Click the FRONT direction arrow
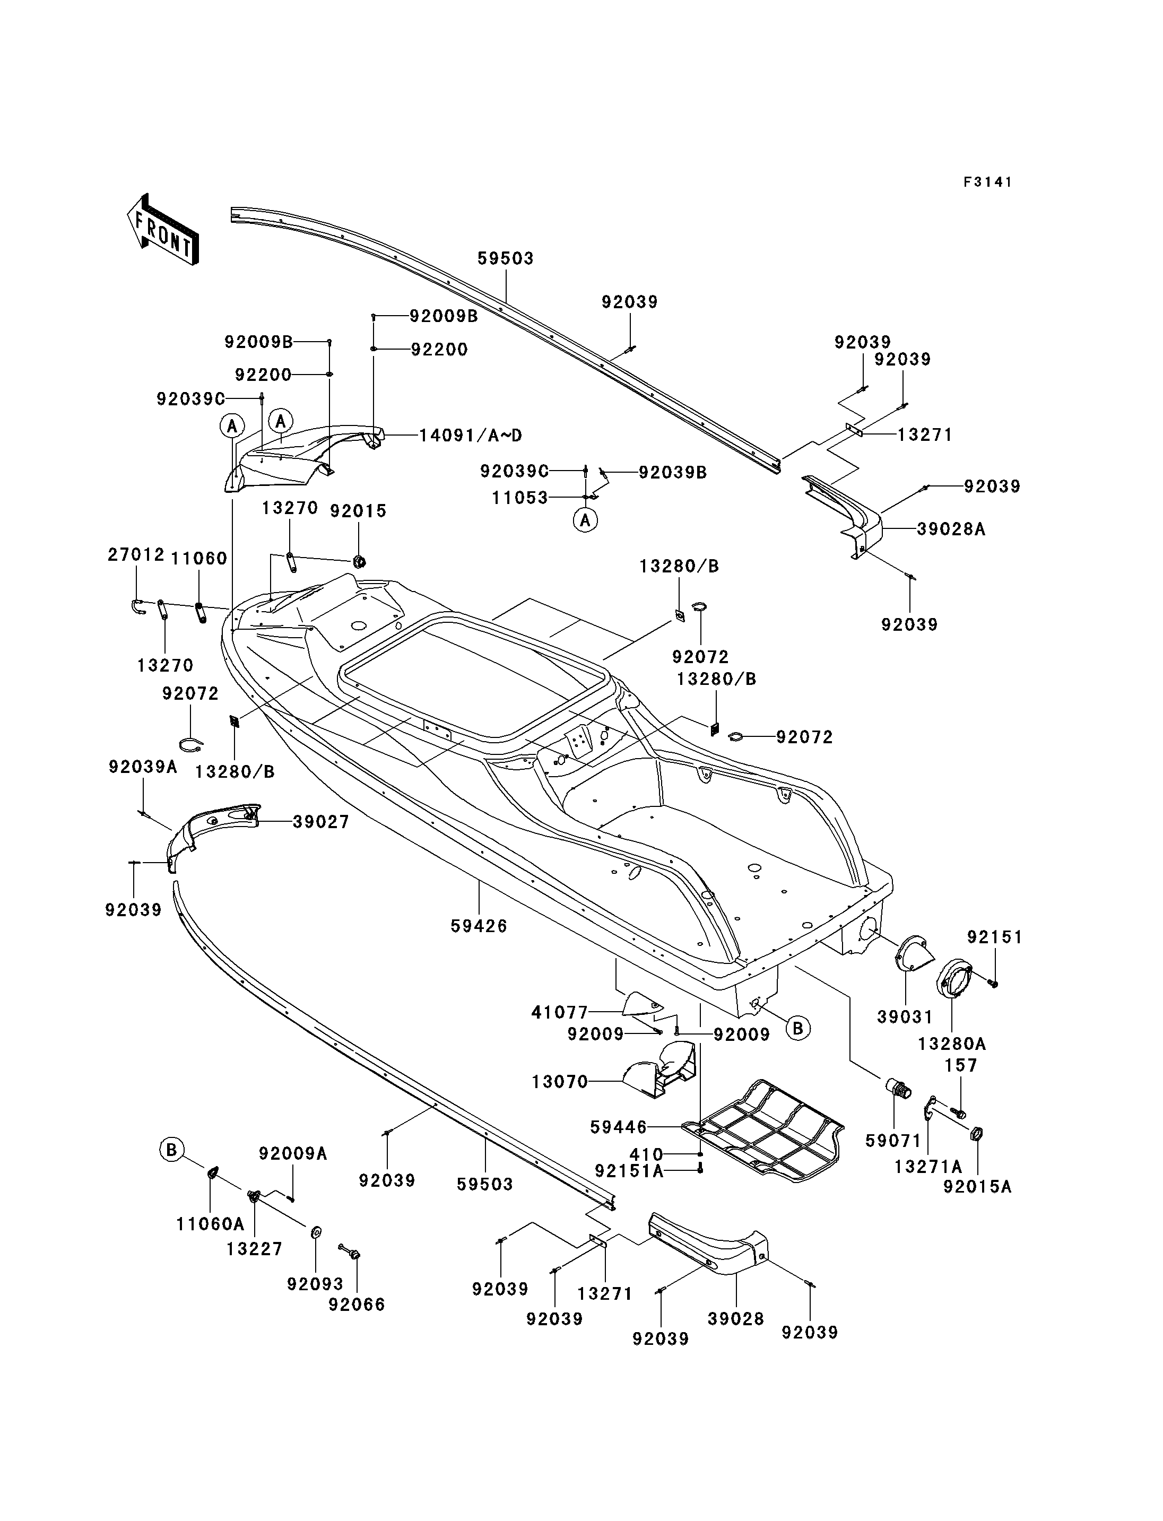point(163,229)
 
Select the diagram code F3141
point(988,182)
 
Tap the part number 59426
point(479,926)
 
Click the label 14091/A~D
point(471,436)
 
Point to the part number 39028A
point(951,529)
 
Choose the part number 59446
point(618,1127)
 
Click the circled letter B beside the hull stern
point(797,1028)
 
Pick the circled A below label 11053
point(586,520)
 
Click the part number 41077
point(559,1012)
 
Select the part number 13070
point(559,1081)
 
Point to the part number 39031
point(905,1017)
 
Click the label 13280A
point(952,1044)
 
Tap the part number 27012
point(136,554)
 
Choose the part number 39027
point(320,822)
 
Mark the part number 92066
point(357,1305)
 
